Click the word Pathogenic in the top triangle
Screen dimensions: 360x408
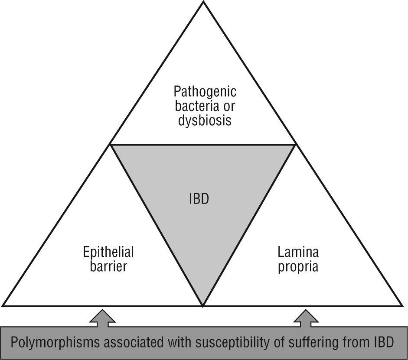[205, 91]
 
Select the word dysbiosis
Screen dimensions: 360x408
[205, 120]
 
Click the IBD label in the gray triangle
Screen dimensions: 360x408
[199, 200]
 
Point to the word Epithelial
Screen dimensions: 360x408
[108, 252]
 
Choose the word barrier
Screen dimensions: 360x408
[108, 266]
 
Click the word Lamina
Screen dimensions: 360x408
[298, 252]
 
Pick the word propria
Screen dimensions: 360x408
[298, 266]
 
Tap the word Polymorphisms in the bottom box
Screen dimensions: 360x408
[54, 343]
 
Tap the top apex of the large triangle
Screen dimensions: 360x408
[203, 2]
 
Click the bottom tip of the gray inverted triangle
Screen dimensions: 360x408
[203, 305]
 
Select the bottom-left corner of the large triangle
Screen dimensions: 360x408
[3, 305]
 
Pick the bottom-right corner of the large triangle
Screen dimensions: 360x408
[402, 305]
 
